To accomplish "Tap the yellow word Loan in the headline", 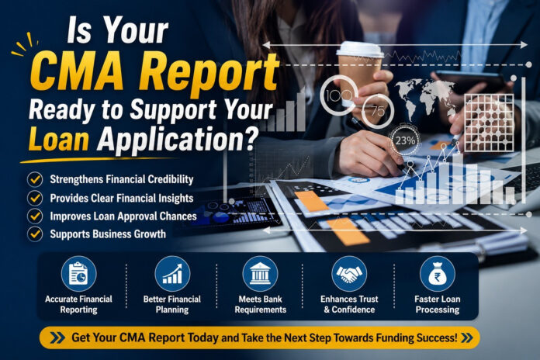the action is coord(59,139).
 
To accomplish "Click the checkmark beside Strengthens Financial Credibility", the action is coord(35,179).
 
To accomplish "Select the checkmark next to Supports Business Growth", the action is coord(35,234).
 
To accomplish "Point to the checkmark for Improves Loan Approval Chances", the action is coord(35,216).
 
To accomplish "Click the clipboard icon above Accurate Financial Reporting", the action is coord(78,274).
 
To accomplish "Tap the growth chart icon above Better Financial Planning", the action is coord(172,274).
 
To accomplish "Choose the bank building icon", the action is coord(261,274).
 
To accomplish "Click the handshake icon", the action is coord(349,274).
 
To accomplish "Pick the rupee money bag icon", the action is coord(438,274).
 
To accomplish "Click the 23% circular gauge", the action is coord(405,140).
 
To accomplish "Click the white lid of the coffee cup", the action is coord(360,50).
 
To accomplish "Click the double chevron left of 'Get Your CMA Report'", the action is coord(57,337).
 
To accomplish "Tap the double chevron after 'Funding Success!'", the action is coord(466,337).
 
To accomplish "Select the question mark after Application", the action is coord(252,138).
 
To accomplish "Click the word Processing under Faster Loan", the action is coord(438,310).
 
